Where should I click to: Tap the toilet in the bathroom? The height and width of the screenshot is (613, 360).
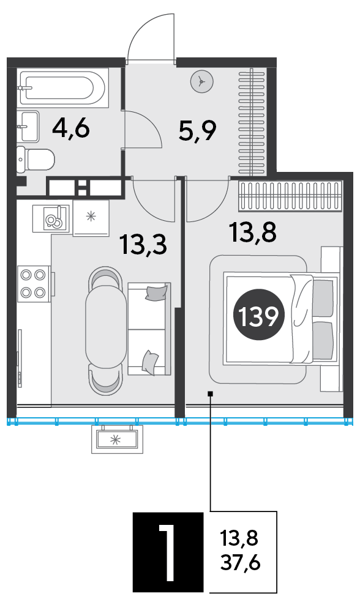(x=36, y=159)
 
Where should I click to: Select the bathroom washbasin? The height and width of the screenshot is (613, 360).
(x=29, y=126)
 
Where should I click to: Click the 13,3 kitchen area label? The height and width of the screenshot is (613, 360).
(x=144, y=244)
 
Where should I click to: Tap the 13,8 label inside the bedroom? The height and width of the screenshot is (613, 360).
(x=253, y=232)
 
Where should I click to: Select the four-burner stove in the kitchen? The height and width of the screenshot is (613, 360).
(x=34, y=283)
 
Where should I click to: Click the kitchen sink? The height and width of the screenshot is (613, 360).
(x=51, y=219)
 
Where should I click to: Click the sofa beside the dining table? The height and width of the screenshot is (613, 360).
(x=149, y=329)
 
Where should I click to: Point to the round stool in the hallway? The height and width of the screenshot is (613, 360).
(x=202, y=82)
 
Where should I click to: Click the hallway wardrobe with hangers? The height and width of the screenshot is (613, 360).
(x=252, y=121)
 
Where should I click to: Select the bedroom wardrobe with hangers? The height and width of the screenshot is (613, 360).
(x=290, y=196)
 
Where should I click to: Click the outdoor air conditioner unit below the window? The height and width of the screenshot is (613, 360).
(x=117, y=439)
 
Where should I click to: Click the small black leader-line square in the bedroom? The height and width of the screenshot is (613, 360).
(x=211, y=394)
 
